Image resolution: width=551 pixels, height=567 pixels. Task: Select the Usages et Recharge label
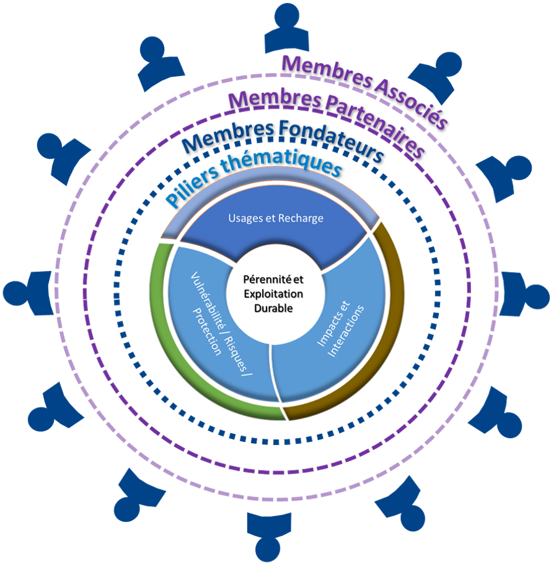coord(275,219)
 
